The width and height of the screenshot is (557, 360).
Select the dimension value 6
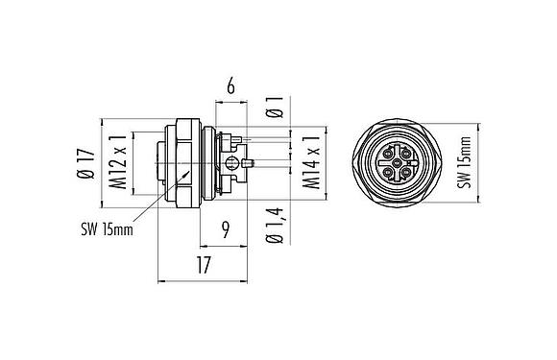pos(230,87)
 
